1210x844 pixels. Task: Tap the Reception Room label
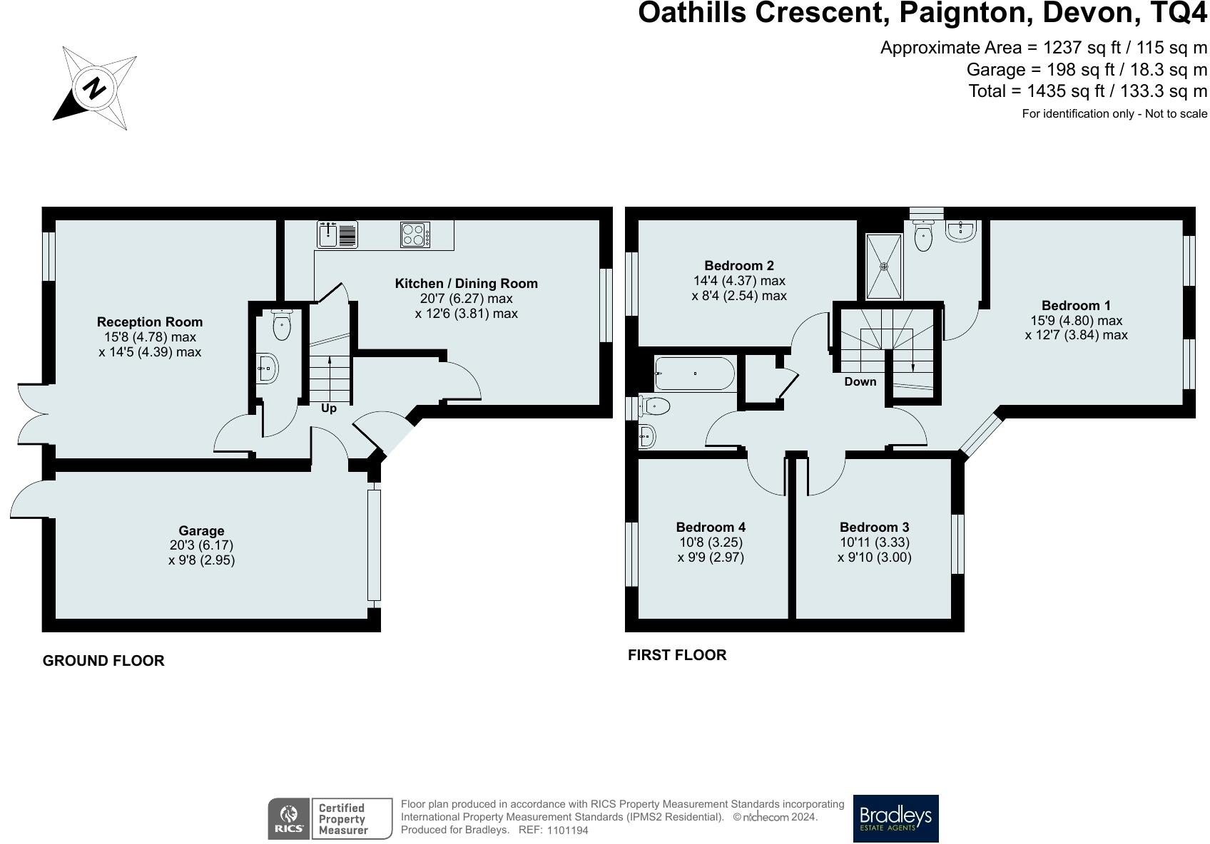click(x=150, y=322)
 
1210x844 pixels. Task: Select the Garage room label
click(x=201, y=531)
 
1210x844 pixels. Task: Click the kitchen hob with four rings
click(x=415, y=235)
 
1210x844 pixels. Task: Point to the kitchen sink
click(x=337, y=235)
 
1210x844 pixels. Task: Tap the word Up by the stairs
click(x=328, y=408)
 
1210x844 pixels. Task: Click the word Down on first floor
click(x=860, y=381)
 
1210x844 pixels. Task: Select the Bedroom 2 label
click(x=739, y=265)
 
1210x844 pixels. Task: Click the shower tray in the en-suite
click(x=884, y=266)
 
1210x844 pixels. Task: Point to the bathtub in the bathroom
click(x=695, y=374)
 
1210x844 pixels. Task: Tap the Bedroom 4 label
click(x=711, y=527)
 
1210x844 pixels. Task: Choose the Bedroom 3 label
click(x=875, y=527)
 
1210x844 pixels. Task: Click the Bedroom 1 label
click(x=1076, y=305)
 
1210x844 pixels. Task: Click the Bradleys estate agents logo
click(x=895, y=818)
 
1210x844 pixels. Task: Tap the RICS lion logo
click(x=289, y=818)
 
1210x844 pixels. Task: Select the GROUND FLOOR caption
click(x=103, y=661)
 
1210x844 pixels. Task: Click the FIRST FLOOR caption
click(x=677, y=655)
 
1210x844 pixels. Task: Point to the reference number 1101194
click(x=568, y=830)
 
